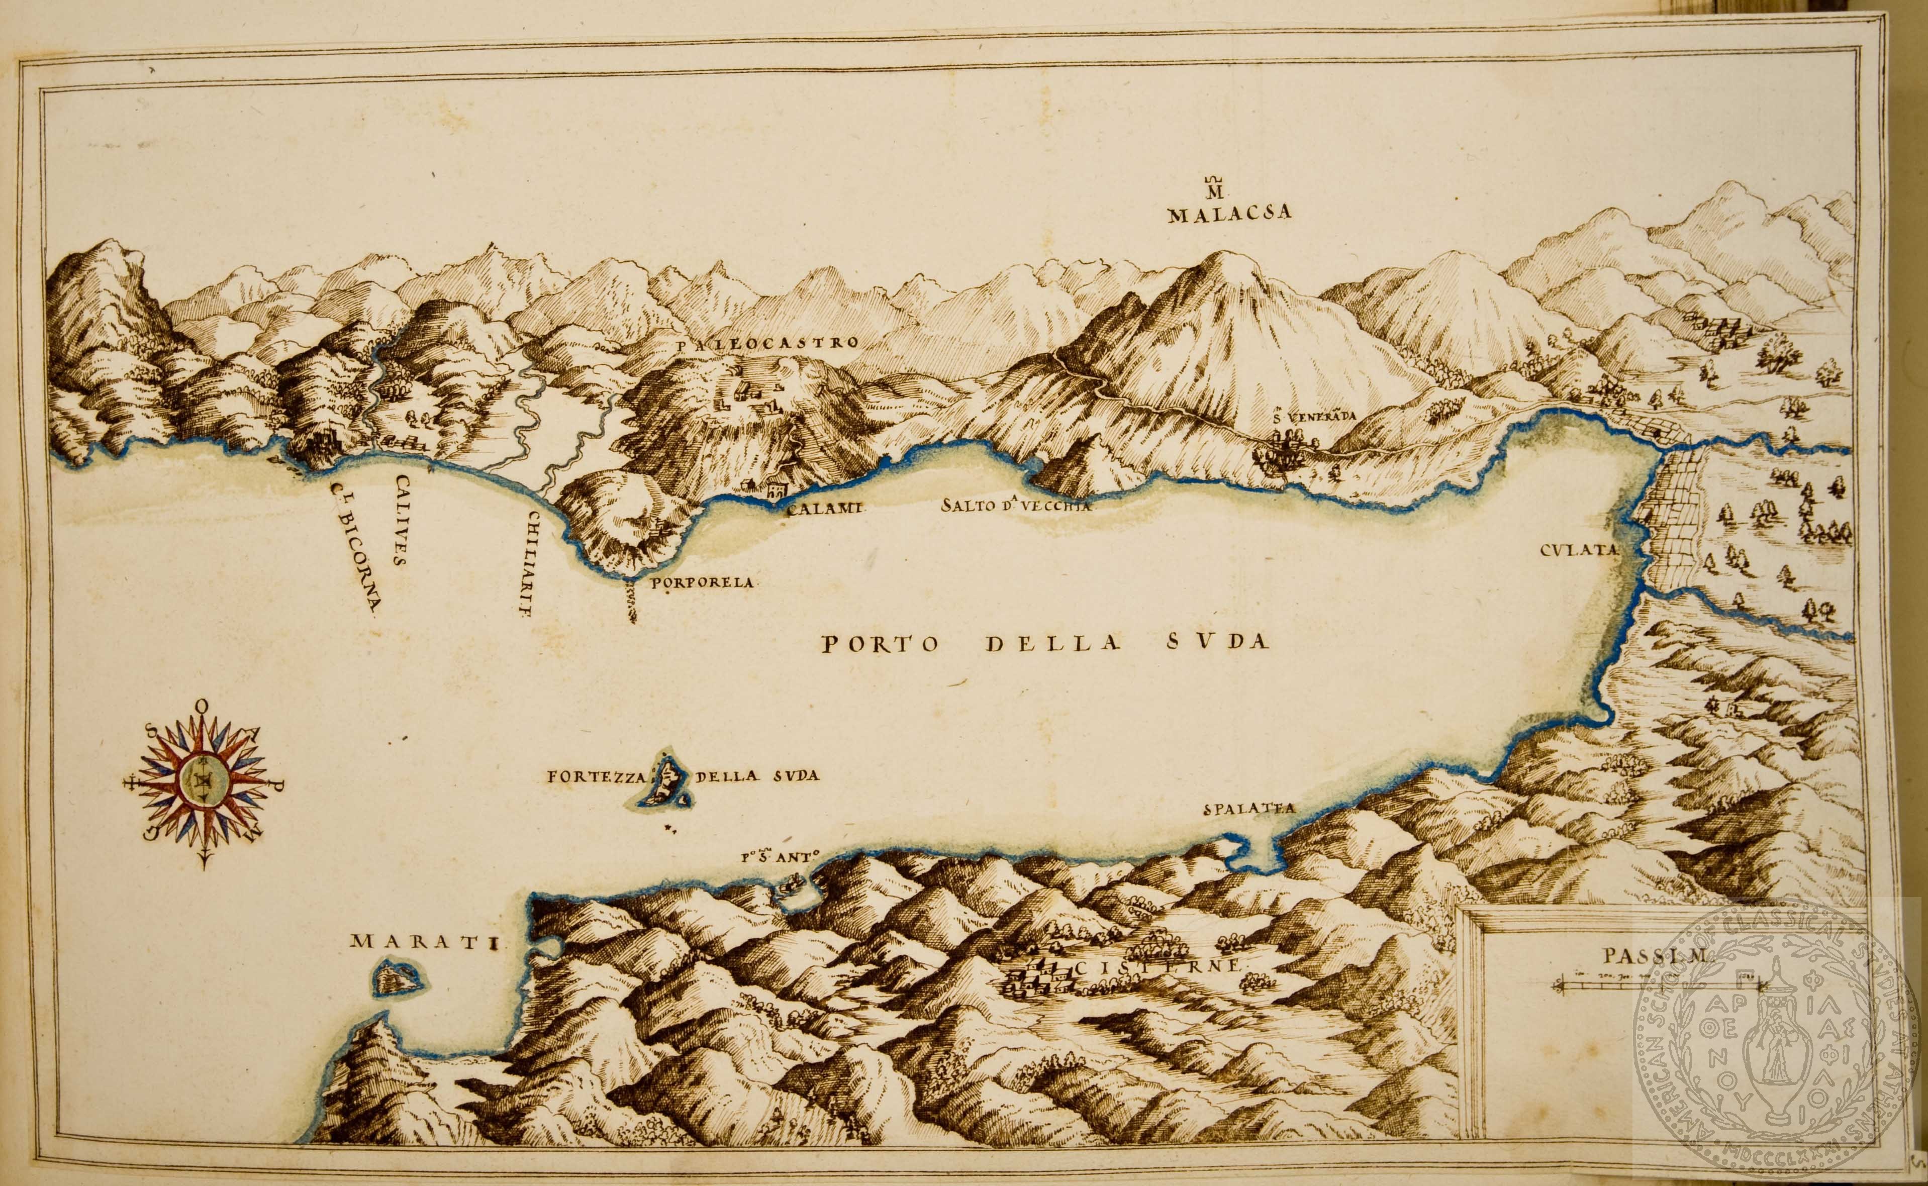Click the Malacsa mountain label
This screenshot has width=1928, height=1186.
1228,215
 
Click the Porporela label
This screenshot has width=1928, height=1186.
702,583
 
